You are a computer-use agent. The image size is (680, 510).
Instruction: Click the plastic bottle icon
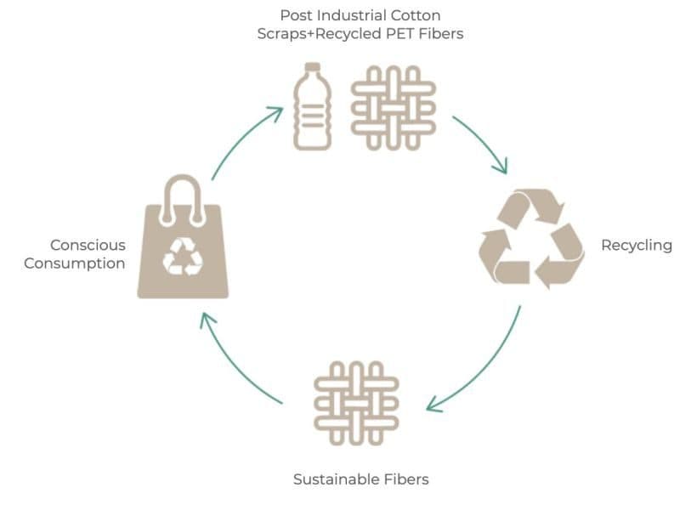[312, 109]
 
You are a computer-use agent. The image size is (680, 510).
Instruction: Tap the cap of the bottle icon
[312, 67]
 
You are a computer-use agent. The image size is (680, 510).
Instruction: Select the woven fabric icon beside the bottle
[394, 108]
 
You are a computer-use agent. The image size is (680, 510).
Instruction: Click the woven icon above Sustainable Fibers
[356, 403]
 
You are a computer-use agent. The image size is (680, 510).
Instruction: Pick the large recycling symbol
[532, 239]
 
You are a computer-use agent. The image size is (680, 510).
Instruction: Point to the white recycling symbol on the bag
[183, 257]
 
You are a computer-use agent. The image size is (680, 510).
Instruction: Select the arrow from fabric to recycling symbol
[483, 142]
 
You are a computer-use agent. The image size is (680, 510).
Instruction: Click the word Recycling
[637, 246]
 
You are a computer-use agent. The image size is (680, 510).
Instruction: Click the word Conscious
[88, 246]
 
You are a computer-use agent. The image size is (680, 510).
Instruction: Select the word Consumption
[75, 263]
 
